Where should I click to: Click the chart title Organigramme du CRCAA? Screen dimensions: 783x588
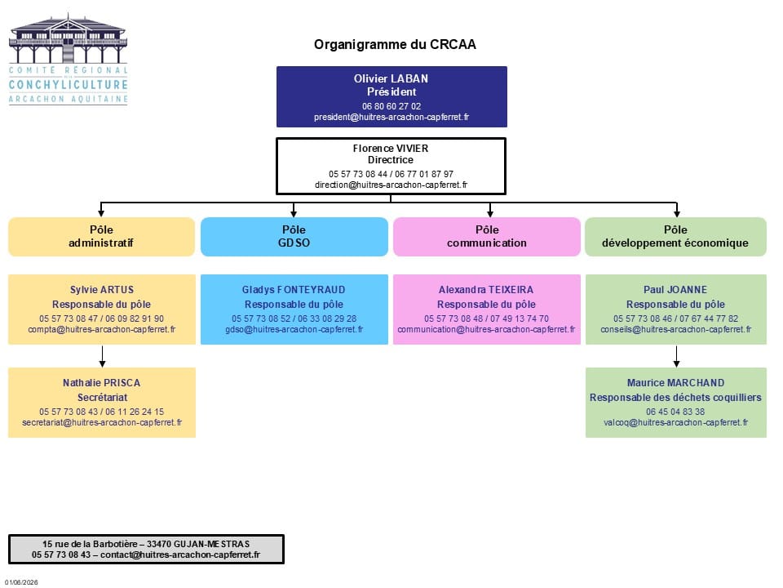point(395,44)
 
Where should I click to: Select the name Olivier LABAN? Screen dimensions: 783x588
point(391,78)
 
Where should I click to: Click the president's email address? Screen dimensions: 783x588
point(391,117)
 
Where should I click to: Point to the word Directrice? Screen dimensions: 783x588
point(391,160)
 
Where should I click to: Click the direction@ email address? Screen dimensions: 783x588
point(391,185)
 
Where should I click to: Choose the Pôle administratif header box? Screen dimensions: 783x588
point(101,237)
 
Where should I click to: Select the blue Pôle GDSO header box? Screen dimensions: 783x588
point(294,237)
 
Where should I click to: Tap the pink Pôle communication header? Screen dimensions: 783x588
point(487,237)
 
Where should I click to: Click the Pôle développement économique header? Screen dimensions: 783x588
point(675,237)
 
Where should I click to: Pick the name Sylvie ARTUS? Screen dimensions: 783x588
point(102,289)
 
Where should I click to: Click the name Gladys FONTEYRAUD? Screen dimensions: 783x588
point(294,289)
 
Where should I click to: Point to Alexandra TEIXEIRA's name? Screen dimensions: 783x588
point(486,289)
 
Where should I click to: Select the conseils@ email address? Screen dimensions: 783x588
point(675,329)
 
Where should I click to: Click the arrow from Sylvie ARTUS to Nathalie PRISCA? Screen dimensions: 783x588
point(103,356)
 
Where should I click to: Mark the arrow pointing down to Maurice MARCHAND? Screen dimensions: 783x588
point(677,356)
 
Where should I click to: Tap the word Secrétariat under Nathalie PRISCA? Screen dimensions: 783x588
point(103,398)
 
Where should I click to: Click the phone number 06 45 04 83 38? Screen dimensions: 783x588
point(675,412)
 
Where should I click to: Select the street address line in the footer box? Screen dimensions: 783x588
point(146,544)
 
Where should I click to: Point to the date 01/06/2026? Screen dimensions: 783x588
point(21,582)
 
